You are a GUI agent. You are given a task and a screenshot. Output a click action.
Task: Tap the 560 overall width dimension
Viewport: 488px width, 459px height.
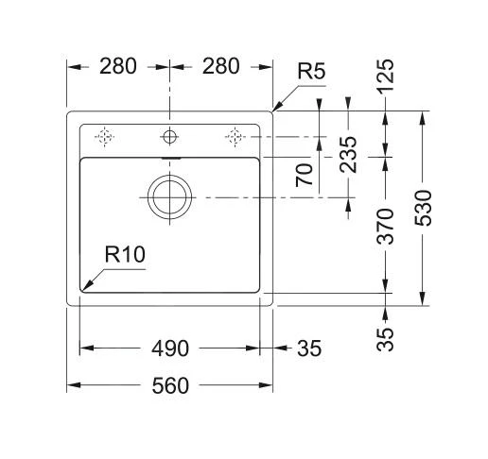[170, 385]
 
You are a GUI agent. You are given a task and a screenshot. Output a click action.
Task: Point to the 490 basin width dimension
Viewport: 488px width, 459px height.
[170, 348]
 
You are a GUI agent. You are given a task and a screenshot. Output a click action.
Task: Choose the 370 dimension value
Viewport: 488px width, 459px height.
[386, 226]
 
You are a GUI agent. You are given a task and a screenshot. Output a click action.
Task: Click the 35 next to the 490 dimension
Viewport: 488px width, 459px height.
[309, 348]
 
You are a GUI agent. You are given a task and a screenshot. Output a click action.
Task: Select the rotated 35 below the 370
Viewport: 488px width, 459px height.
[386, 334]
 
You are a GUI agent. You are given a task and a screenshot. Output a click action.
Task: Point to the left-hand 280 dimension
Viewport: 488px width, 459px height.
[118, 66]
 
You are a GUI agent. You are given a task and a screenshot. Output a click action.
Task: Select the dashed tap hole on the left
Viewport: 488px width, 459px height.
[105, 137]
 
